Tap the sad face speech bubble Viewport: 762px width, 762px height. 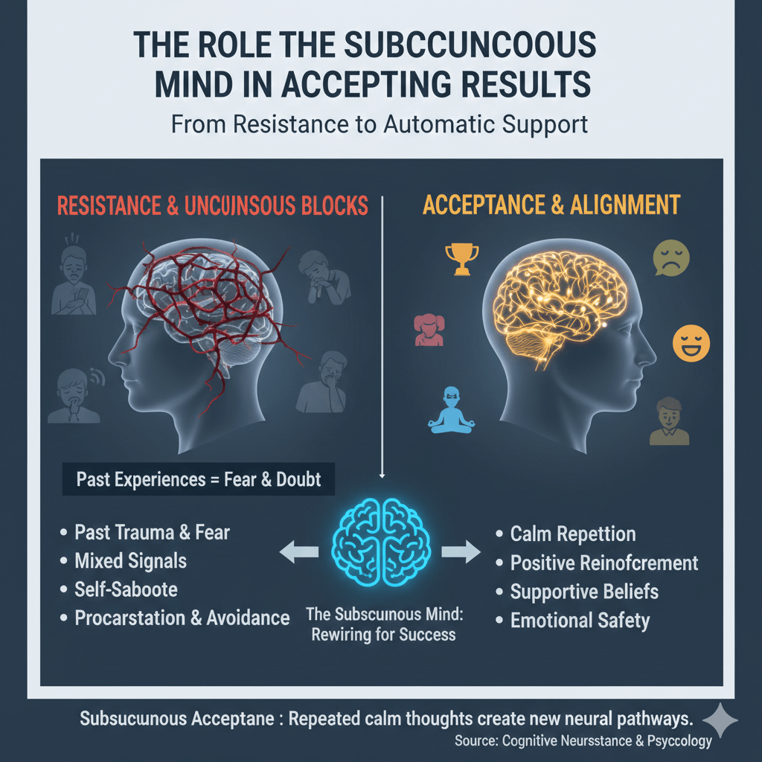click(x=670, y=258)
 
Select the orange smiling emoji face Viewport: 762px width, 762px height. click(x=691, y=342)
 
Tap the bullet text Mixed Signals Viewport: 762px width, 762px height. click(x=130, y=560)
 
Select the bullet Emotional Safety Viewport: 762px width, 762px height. click(x=580, y=620)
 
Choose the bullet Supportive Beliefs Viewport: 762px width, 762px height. click(x=584, y=592)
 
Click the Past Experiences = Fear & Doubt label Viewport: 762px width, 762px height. click(x=199, y=479)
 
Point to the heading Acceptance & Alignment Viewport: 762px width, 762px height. click(x=551, y=205)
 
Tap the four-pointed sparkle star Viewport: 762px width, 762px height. click(x=720, y=720)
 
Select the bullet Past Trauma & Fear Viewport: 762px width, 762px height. click(x=152, y=532)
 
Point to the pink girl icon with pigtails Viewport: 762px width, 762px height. click(x=428, y=330)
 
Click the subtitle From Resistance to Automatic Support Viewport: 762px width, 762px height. click(x=380, y=123)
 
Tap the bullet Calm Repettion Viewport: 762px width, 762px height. click(x=572, y=534)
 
